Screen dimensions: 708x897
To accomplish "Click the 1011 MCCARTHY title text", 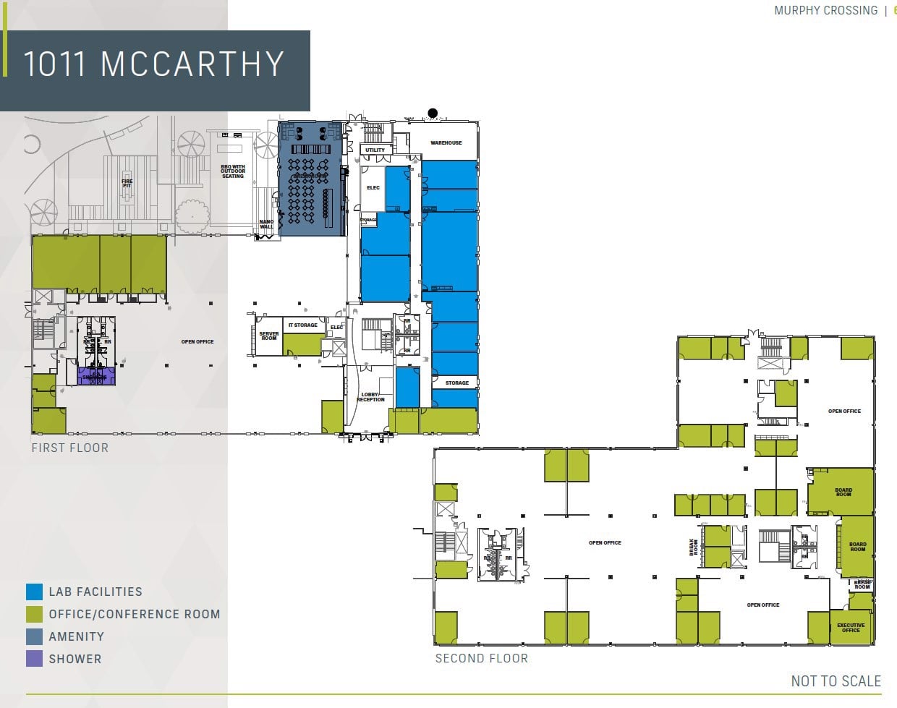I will pyautogui.click(x=153, y=64).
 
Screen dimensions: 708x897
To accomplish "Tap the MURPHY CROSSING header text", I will pyautogui.click(x=825, y=11).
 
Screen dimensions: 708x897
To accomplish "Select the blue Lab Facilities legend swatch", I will pyautogui.click(x=34, y=592).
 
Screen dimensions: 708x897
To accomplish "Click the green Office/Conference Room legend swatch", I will pyautogui.click(x=34, y=614).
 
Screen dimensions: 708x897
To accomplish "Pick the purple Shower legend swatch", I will pyautogui.click(x=34, y=659).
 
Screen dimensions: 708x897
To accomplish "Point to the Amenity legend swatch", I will pyautogui.click(x=34, y=636).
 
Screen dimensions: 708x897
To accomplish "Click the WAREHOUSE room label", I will pyautogui.click(x=446, y=143).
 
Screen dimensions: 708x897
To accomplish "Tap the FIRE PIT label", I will pyautogui.click(x=127, y=184).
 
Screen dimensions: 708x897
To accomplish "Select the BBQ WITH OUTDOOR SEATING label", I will pyautogui.click(x=233, y=171).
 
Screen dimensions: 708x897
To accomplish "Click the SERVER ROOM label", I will pyautogui.click(x=268, y=336).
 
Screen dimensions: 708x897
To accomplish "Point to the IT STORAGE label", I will pyautogui.click(x=303, y=325).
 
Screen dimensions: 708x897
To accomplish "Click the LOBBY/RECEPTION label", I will pyautogui.click(x=370, y=397).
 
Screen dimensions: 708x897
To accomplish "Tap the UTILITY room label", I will pyautogui.click(x=375, y=150).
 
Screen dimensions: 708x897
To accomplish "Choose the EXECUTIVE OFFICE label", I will pyautogui.click(x=851, y=628).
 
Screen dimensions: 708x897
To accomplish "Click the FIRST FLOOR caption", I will pyautogui.click(x=70, y=448).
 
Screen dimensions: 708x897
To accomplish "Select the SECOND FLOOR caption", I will pyautogui.click(x=481, y=659).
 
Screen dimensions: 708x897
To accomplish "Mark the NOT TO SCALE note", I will pyautogui.click(x=836, y=681).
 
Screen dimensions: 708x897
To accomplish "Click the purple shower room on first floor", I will pyautogui.click(x=95, y=377).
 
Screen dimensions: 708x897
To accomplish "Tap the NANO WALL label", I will pyautogui.click(x=266, y=225).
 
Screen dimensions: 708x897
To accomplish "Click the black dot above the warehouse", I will pyautogui.click(x=433, y=113).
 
